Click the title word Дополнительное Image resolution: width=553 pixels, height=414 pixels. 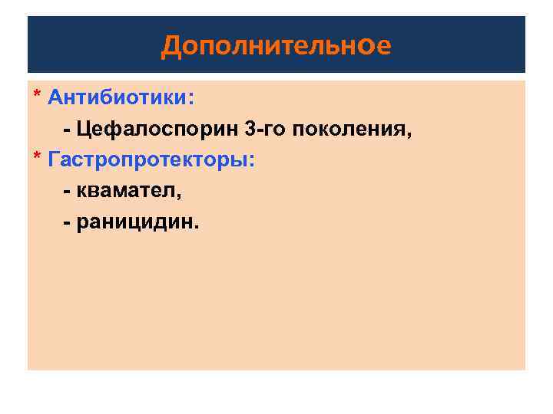pos(276,47)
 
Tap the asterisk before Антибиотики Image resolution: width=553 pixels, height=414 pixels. pos(36,96)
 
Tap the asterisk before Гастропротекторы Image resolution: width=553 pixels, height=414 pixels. pos(36,158)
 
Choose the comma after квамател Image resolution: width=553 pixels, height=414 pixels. pos(179,196)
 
